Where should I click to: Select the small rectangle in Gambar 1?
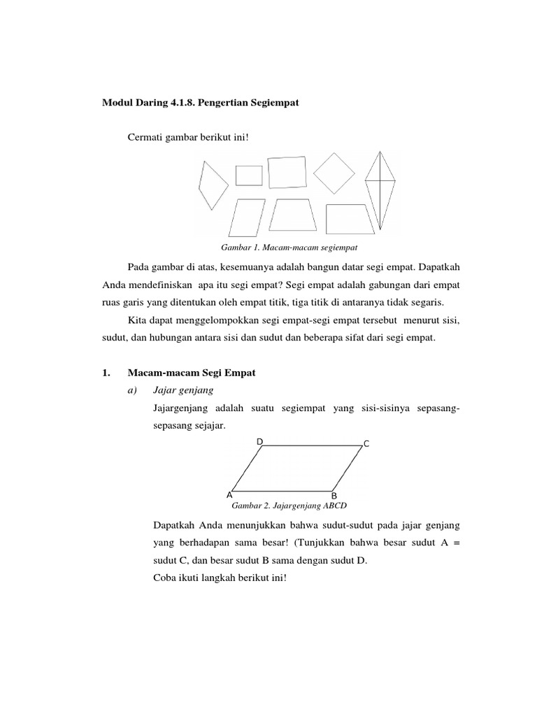point(249,176)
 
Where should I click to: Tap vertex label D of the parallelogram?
point(259,442)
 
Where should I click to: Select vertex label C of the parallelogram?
point(366,444)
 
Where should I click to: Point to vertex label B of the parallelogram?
point(334,497)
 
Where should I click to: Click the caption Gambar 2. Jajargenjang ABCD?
point(289,506)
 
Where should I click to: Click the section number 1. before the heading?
point(107,373)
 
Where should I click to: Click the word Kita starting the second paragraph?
point(138,319)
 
